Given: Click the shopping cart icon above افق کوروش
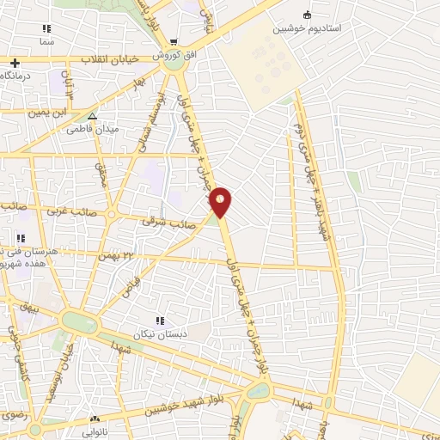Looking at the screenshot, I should (174, 41).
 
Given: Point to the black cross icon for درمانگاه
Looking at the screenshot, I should (14, 63).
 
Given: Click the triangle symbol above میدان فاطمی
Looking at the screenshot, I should (93, 116).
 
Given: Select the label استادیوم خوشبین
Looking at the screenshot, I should (308, 28).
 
